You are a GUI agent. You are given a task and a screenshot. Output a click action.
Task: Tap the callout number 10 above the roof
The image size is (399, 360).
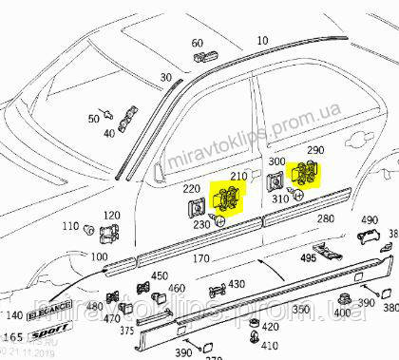(262, 42)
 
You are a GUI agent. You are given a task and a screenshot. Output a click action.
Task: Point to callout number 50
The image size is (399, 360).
(94, 119)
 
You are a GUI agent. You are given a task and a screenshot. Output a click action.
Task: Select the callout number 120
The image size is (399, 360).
(111, 217)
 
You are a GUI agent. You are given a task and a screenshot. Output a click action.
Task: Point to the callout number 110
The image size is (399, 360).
(71, 227)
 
